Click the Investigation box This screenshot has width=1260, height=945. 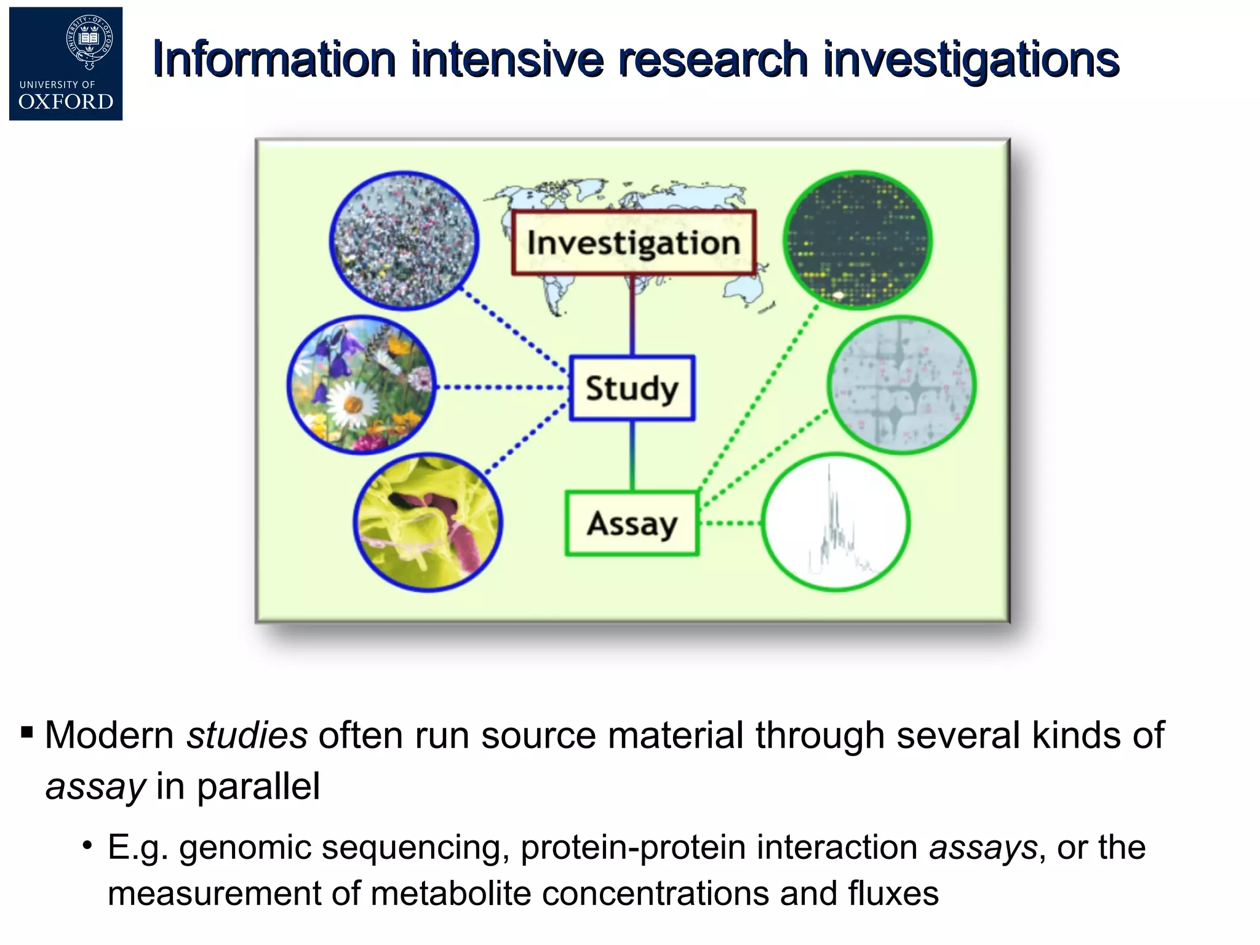pyautogui.click(x=634, y=242)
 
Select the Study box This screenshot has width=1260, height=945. pyautogui.click(x=632, y=388)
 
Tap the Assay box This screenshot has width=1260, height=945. pyautogui.click(x=632, y=524)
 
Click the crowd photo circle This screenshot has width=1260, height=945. pyautogui.click(x=404, y=241)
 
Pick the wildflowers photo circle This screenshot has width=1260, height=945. pyautogui.click(x=362, y=385)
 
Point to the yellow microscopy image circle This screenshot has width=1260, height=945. pyautogui.click(x=428, y=523)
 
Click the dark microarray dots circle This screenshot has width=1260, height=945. pyautogui.click(x=858, y=240)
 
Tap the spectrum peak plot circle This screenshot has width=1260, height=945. pyautogui.click(x=835, y=522)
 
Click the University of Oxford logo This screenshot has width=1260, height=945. pyautogui.click(x=66, y=64)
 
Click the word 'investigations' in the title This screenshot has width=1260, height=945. pyautogui.click(x=971, y=60)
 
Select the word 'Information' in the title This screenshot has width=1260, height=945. pyautogui.click(x=274, y=60)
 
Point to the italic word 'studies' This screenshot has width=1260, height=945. pyautogui.click(x=247, y=735)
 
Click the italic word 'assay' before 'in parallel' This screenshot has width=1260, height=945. pyautogui.click(x=95, y=786)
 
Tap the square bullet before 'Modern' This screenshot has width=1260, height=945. pyautogui.click(x=26, y=732)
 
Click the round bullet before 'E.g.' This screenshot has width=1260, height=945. pyautogui.click(x=88, y=845)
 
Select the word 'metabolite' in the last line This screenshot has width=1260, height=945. pyautogui.click(x=450, y=893)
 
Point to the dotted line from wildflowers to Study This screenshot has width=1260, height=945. pyautogui.click(x=501, y=388)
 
